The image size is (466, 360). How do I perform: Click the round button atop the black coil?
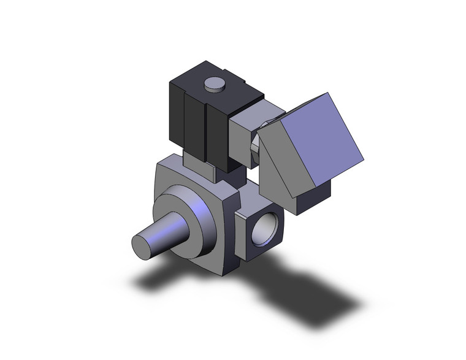coord(213,84)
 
